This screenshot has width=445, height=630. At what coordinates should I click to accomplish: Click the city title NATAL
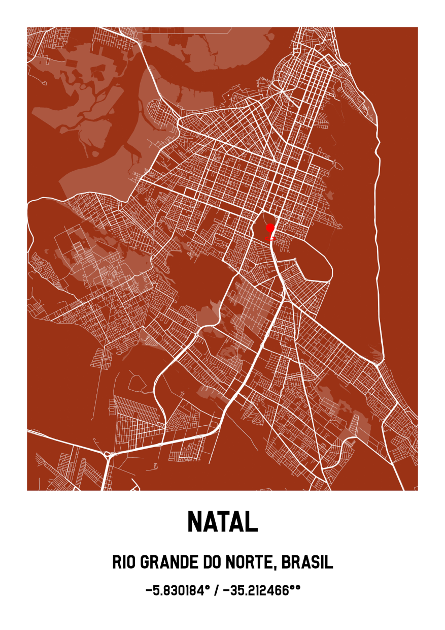point(222,521)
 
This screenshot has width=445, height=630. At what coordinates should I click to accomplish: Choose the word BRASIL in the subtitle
point(307,562)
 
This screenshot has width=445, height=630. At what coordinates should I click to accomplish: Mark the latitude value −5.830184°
point(177,590)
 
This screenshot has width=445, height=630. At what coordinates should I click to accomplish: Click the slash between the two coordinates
point(217,590)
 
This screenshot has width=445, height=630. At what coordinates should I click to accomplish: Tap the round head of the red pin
point(270,227)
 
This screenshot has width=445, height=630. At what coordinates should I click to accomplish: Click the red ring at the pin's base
point(270,238)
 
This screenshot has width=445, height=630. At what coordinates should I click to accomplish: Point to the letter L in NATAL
point(252,521)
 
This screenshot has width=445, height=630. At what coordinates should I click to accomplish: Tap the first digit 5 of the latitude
point(154,590)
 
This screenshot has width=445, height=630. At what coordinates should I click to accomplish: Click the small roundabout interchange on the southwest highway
point(108,454)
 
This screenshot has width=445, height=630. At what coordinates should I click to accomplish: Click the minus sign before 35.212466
point(226,590)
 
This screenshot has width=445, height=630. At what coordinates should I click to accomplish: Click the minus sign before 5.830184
point(148,590)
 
